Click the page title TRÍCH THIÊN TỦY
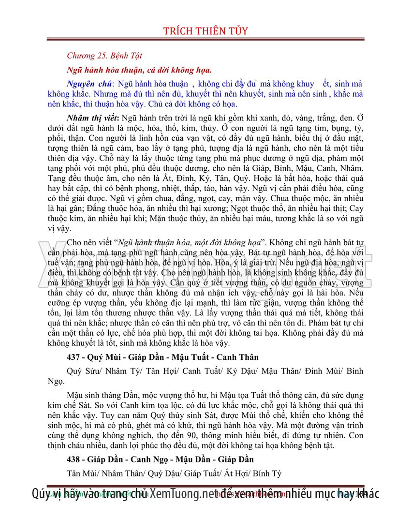point(205,31)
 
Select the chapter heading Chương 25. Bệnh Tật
point(104,56)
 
